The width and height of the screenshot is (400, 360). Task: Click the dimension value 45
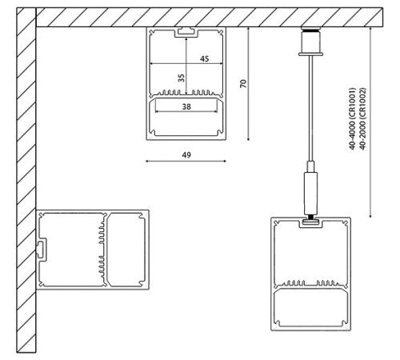click(x=204, y=59)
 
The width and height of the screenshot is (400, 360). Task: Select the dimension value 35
click(x=181, y=78)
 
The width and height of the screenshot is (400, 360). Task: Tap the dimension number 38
click(x=186, y=106)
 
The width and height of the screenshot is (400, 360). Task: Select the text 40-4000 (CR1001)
click(x=353, y=119)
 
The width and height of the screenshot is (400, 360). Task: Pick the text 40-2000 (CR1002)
click(x=363, y=119)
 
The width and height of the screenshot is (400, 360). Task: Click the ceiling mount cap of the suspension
click(x=309, y=42)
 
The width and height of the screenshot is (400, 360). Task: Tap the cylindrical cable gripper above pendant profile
click(x=309, y=189)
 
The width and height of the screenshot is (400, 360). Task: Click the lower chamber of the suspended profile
click(x=311, y=308)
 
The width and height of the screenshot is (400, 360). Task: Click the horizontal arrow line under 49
click(x=186, y=160)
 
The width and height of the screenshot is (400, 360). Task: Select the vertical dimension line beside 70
click(x=250, y=83)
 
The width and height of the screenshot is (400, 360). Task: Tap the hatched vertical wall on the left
click(x=26, y=184)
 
